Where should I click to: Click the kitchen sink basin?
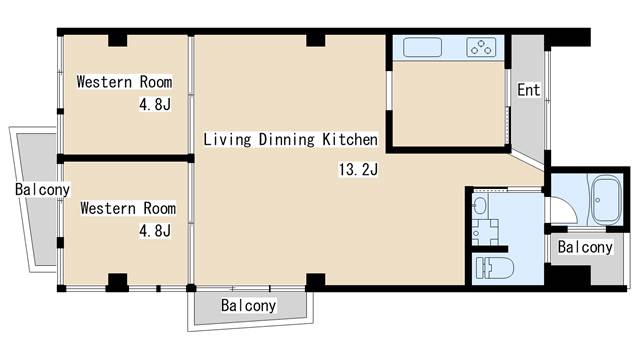tap(422, 47)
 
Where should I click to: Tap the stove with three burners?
tap(481, 47)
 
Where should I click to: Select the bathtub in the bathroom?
tap(607, 200)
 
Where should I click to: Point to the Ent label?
tap(529, 90)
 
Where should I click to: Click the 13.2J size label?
tap(359, 169)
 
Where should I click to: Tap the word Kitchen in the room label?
tap(350, 139)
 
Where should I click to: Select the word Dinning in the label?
tap(287, 140)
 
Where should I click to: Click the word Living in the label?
tap(227, 140)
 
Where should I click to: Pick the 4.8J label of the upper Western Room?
tap(155, 104)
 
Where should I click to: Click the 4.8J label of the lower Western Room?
tap(155, 231)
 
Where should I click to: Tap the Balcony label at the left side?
tap(42, 189)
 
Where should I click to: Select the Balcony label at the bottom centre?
tap(249, 305)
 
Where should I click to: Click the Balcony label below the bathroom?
tap(585, 247)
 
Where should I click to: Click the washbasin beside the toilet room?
tap(480, 204)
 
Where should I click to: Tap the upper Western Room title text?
tap(124, 82)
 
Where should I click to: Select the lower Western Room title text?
tap(128, 208)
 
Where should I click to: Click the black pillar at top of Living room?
tap(316, 40)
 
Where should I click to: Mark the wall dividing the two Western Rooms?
tap(125, 158)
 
